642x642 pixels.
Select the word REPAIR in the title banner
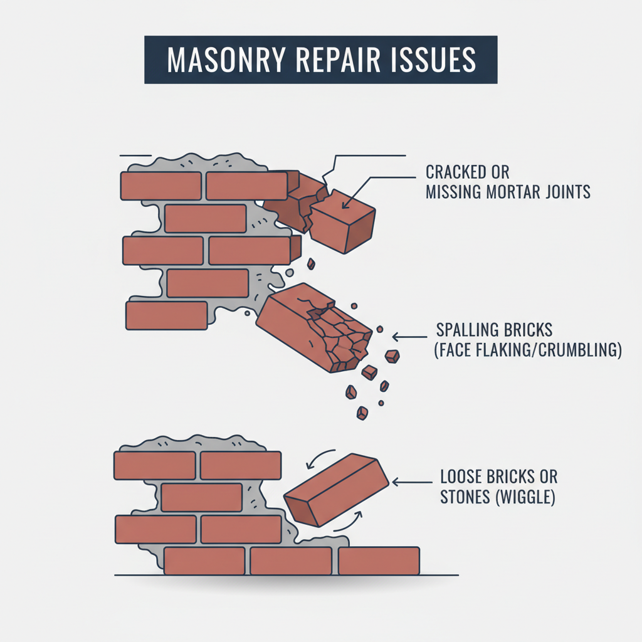point(339,60)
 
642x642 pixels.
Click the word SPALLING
point(476,330)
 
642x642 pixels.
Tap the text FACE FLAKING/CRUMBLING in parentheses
point(527,350)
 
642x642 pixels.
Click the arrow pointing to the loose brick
point(411,482)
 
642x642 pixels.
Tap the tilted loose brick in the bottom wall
point(336,490)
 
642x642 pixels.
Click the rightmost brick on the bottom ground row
point(379,560)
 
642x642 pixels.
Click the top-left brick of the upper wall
point(160,186)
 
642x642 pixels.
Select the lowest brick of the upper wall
point(166,315)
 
